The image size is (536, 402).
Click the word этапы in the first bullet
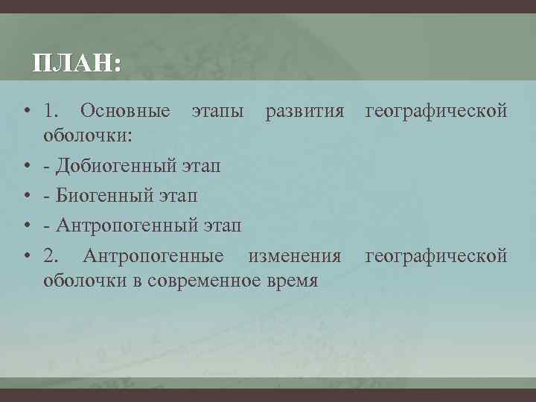point(217,112)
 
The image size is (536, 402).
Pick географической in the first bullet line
point(435,112)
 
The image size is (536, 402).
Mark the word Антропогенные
point(153,256)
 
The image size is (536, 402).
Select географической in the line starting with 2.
point(435,256)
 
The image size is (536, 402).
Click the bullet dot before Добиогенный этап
point(26,164)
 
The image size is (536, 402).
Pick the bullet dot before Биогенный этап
point(26,196)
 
